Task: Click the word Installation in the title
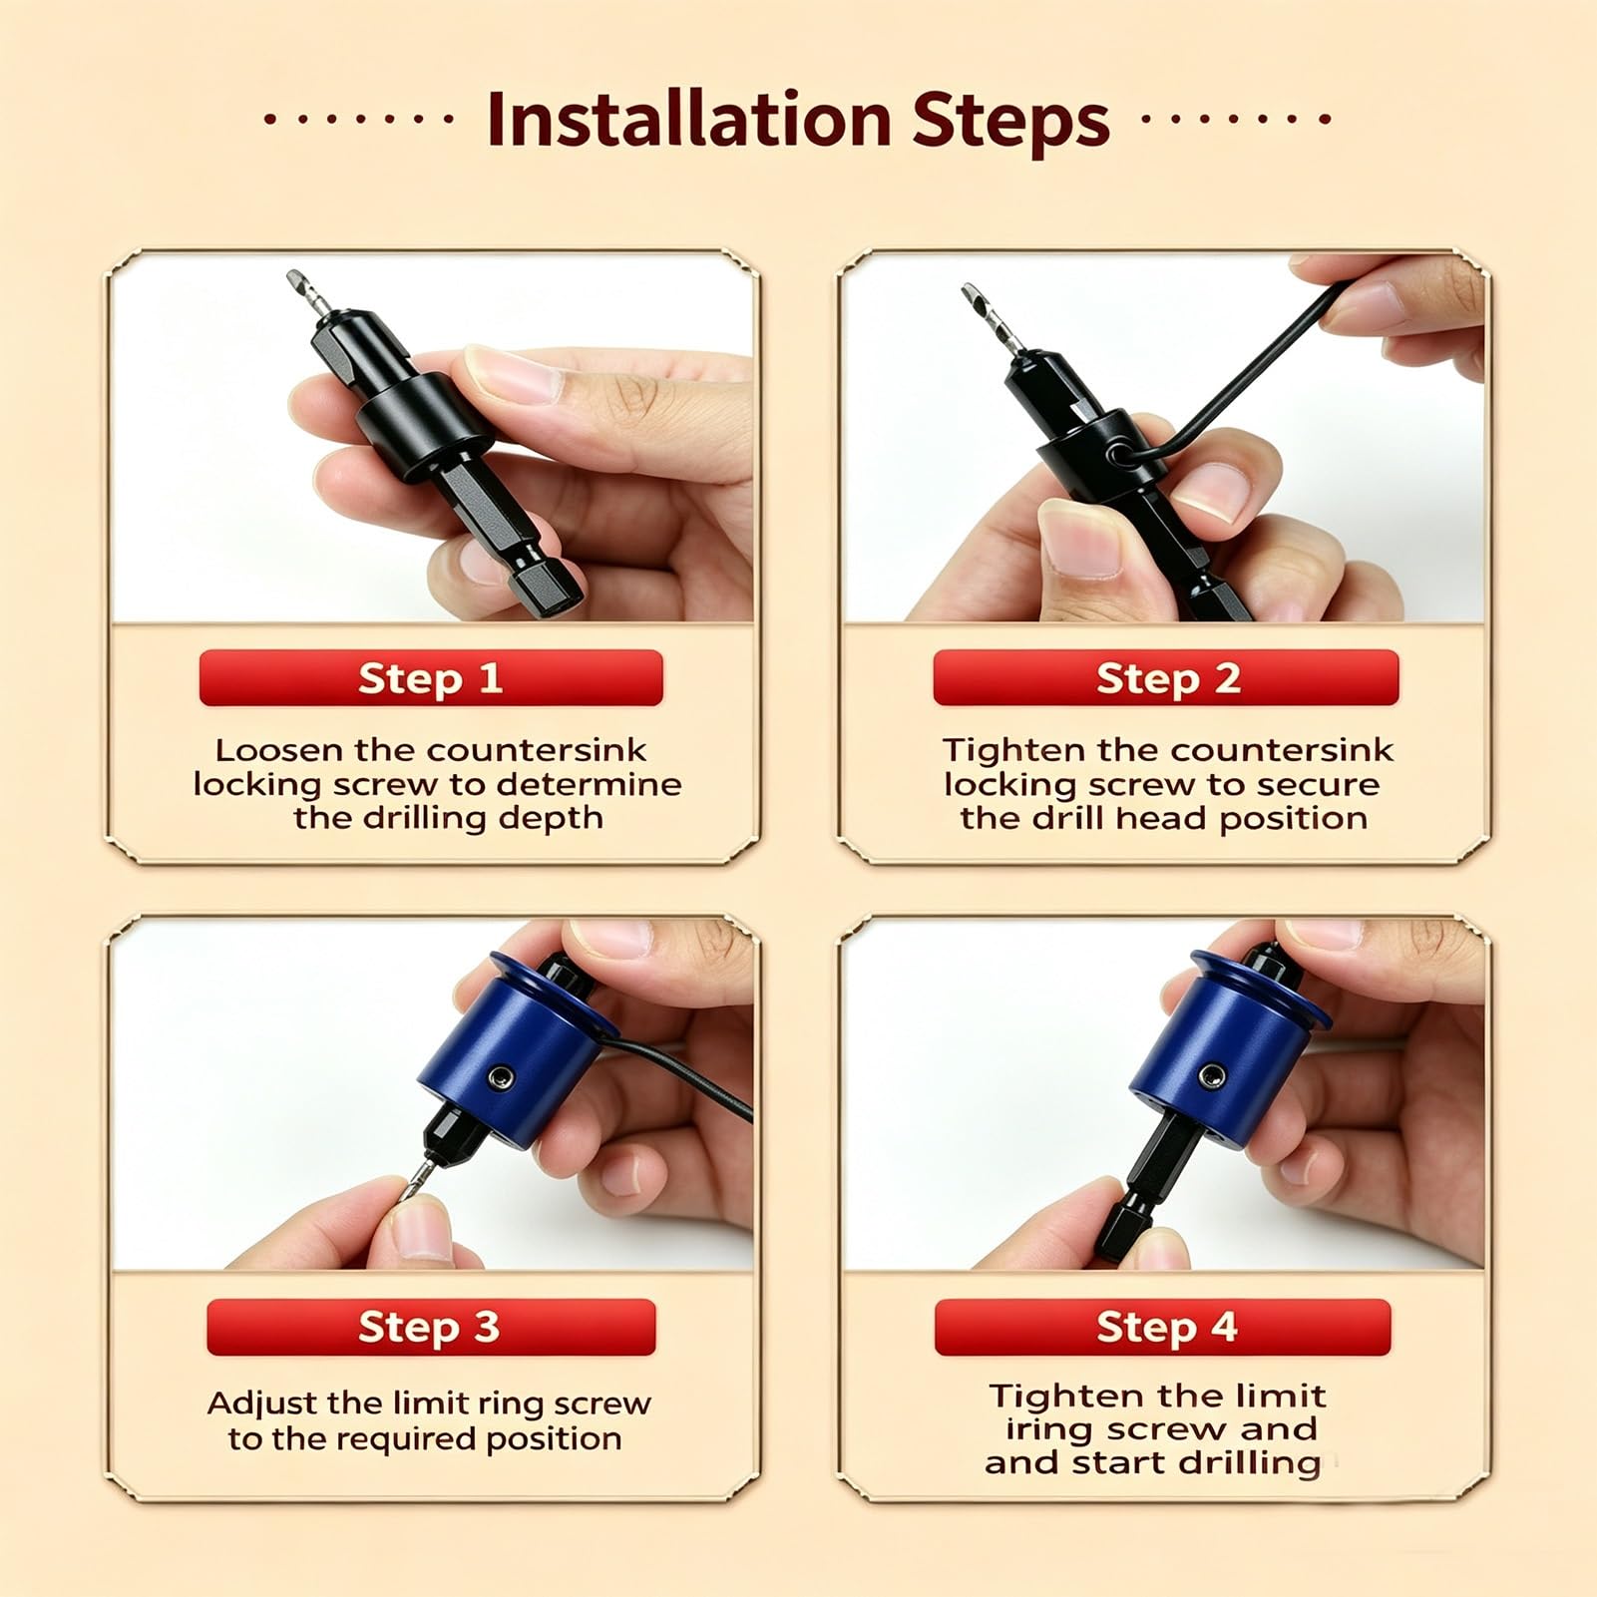[x=688, y=120]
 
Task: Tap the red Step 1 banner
[x=431, y=678]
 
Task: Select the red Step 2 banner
[x=1166, y=678]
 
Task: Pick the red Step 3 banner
[x=431, y=1328]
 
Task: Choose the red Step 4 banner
[x=1163, y=1328]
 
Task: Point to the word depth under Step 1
[x=551, y=819]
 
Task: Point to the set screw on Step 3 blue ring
[x=501, y=1076]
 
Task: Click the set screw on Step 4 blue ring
[x=1212, y=1076]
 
